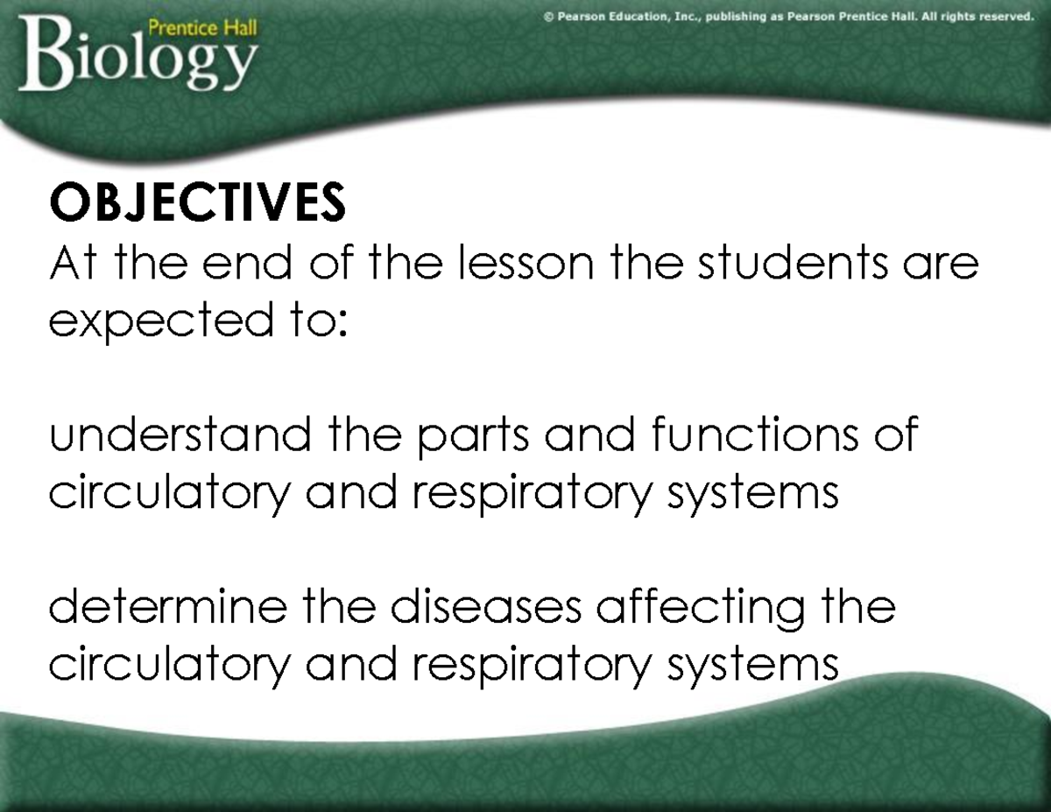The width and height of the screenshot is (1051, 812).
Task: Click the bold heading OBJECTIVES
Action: point(197,202)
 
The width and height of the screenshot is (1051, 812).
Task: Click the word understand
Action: point(180,435)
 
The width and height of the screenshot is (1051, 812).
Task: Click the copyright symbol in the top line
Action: point(548,15)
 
